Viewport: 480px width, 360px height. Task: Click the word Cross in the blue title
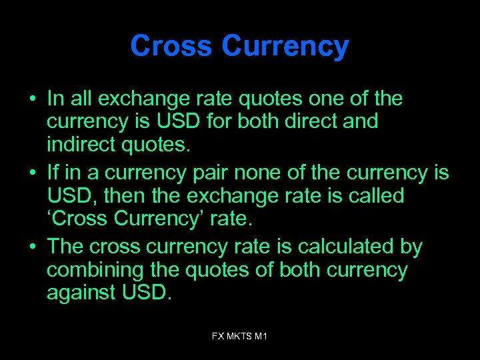pyautogui.click(x=171, y=47)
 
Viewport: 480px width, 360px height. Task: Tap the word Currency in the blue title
pyautogui.click(x=285, y=47)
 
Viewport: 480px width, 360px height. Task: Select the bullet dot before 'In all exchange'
pyautogui.click(x=32, y=99)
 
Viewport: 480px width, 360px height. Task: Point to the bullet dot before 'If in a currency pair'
pyautogui.click(x=32, y=173)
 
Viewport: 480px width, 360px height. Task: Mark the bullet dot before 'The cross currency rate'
pyautogui.click(x=32, y=247)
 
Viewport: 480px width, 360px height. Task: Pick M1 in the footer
pyautogui.click(x=261, y=337)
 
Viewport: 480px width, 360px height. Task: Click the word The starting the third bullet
pyautogui.click(x=65, y=247)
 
